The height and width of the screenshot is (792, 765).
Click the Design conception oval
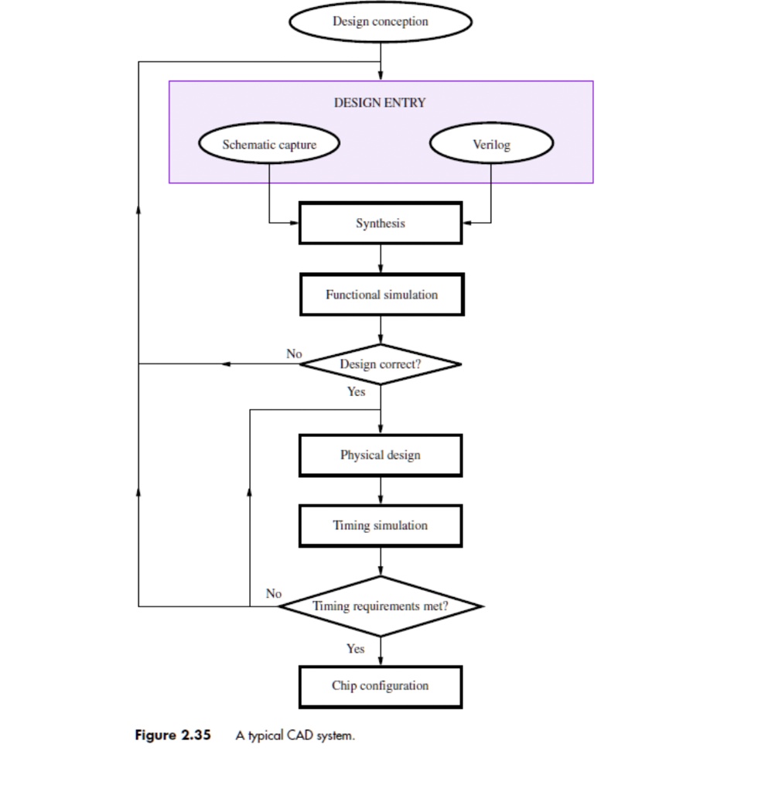pyautogui.click(x=380, y=22)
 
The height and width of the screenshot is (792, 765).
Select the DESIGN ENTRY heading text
pyautogui.click(x=380, y=102)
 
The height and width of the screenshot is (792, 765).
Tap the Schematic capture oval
pyautogui.click(x=269, y=145)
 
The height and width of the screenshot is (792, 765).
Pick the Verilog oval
pyautogui.click(x=491, y=145)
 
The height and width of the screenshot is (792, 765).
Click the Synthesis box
pyautogui.click(x=380, y=223)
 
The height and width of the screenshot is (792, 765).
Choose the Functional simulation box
pyautogui.click(x=381, y=295)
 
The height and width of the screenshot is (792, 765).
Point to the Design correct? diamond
pyautogui.click(x=380, y=364)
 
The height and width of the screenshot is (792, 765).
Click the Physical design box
pyautogui.click(x=380, y=455)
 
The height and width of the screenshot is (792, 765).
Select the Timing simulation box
pyautogui.click(x=380, y=526)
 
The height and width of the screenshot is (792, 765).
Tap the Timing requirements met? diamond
pyautogui.click(x=380, y=606)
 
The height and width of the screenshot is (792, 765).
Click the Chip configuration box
pyautogui.click(x=380, y=686)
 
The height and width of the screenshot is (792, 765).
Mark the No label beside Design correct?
pyautogui.click(x=294, y=353)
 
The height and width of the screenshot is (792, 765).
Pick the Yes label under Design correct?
pyautogui.click(x=356, y=392)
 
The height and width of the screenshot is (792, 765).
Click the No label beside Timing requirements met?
pyautogui.click(x=274, y=594)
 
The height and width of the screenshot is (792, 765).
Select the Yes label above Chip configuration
pyautogui.click(x=355, y=649)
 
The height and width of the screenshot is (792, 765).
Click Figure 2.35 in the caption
pyautogui.click(x=172, y=736)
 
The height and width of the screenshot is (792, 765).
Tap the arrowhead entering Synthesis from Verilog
pyautogui.click(x=467, y=223)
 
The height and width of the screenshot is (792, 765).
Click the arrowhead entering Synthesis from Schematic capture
pyautogui.click(x=294, y=223)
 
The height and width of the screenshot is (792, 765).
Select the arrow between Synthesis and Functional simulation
pyautogui.click(x=380, y=259)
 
